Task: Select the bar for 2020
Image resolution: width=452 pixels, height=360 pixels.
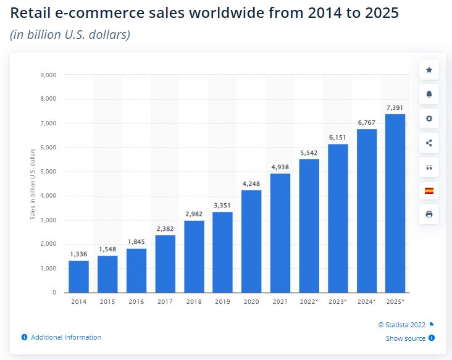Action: [251, 241]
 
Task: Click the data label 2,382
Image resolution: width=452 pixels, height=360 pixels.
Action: [165, 228]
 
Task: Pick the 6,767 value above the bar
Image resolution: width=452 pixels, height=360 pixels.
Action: [367, 122]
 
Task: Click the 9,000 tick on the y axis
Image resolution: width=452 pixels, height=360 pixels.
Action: [48, 75]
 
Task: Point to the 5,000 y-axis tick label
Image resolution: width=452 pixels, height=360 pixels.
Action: [48, 172]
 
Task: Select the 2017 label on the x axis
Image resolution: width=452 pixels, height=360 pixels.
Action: [165, 303]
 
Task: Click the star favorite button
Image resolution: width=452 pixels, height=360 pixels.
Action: [429, 70]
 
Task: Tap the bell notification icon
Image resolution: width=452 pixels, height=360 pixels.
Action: [429, 94]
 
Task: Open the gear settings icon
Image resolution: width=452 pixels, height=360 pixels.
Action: [429, 119]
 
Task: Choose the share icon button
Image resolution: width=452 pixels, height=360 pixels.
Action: [429, 143]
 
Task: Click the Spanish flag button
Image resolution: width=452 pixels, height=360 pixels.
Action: [429, 190]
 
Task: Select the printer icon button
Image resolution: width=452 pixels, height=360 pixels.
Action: [429, 214]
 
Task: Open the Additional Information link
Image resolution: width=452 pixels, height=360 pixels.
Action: [65, 337]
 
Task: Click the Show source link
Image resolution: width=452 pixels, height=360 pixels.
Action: [406, 338]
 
